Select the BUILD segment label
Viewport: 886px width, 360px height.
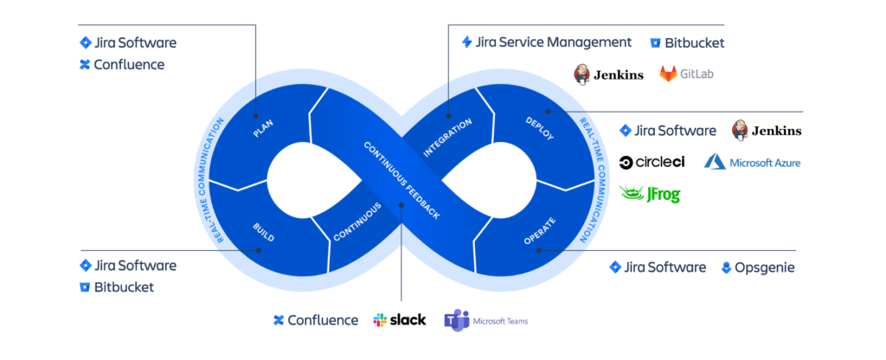tap(263, 232)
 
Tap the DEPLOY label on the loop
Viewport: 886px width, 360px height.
tap(539, 127)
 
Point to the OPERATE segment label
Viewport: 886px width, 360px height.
tap(539, 231)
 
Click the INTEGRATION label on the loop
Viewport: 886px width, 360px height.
tap(447, 137)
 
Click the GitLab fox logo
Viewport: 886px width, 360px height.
tap(669, 74)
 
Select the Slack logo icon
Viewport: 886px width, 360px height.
tap(382, 320)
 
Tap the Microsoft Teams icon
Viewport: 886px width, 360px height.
tap(456, 320)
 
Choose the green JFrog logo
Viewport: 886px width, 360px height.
tap(650, 194)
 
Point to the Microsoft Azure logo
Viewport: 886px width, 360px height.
tap(752, 162)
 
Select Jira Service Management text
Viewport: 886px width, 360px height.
tap(547, 42)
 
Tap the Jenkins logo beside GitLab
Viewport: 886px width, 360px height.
tap(608, 74)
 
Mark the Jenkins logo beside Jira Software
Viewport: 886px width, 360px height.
tap(767, 131)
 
